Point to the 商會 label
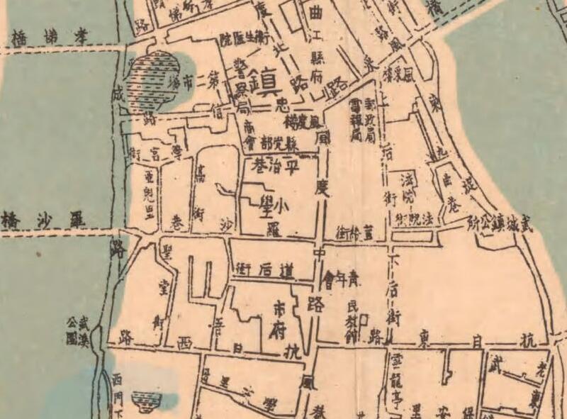click(x=249, y=135)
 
